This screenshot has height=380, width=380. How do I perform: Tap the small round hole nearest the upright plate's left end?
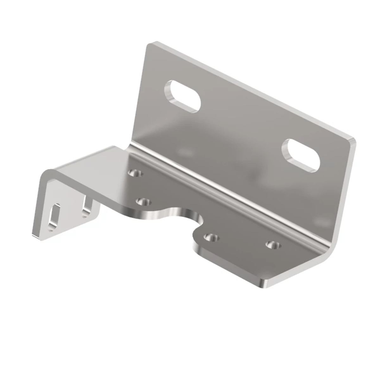pos(135,173)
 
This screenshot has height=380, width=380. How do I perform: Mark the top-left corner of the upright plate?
pos(151,44)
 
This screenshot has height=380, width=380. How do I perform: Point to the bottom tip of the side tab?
pos(36,236)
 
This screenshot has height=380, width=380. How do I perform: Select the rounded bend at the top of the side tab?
pos(46,176)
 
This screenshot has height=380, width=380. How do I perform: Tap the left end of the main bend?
pos(130,147)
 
